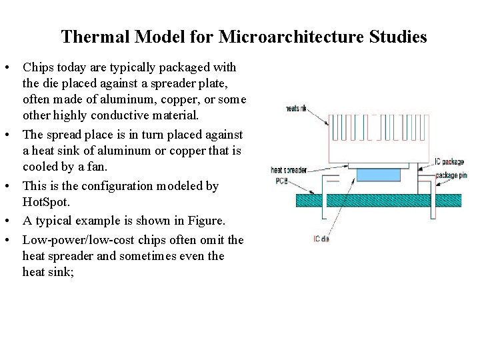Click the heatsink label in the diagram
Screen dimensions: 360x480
(x=295, y=108)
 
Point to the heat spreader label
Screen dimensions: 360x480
(x=288, y=170)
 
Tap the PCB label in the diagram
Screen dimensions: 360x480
(x=281, y=181)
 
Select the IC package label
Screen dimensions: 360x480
(x=449, y=161)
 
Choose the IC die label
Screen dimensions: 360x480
(x=321, y=239)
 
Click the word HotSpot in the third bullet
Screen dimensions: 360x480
(x=42, y=201)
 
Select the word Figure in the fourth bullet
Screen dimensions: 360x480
(x=204, y=221)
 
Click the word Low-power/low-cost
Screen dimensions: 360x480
(x=74, y=240)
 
